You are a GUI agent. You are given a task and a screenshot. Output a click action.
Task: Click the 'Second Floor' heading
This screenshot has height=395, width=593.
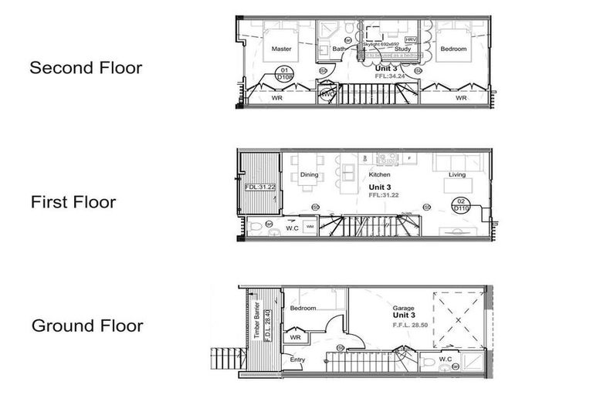click(86, 68)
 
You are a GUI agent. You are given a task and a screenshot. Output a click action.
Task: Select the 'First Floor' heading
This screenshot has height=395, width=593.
click(73, 203)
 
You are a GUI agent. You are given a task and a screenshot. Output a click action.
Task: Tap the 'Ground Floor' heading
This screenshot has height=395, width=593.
click(87, 326)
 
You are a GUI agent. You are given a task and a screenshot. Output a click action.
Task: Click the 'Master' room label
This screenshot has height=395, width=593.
click(281, 49)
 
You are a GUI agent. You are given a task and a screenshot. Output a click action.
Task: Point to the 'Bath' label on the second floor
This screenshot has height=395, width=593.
click(339, 49)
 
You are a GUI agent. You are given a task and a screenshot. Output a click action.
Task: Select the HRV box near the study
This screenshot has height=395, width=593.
click(410, 39)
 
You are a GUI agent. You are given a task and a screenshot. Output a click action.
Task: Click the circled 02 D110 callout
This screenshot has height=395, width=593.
click(461, 205)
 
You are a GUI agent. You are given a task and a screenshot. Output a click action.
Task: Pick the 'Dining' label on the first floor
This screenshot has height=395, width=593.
click(310, 175)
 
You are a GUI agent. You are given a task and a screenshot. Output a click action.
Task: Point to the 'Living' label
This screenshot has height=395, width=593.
click(457, 175)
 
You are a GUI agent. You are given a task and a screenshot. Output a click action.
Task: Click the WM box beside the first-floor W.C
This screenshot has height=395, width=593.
click(309, 227)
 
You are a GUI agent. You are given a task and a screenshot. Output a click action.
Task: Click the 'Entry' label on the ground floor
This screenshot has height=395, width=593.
click(298, 360)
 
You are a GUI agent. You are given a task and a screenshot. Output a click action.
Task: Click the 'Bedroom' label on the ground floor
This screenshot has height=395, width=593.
click(303, 308)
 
